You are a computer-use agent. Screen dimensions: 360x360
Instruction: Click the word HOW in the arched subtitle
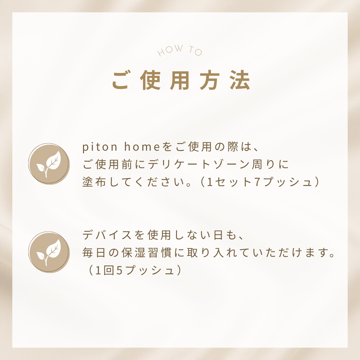170,50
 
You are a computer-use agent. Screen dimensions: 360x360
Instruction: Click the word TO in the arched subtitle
195,51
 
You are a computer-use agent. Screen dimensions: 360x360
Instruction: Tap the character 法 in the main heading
240,80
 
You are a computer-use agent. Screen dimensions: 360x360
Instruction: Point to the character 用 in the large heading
180,80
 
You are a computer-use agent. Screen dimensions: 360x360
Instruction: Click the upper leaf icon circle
49,164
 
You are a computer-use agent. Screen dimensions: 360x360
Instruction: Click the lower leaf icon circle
49,252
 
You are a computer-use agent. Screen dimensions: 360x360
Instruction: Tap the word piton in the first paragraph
100,147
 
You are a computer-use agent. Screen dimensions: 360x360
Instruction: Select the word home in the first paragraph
142,147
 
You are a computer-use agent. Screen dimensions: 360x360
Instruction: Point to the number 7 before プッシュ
257,182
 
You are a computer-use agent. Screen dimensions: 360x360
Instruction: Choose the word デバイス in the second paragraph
107,235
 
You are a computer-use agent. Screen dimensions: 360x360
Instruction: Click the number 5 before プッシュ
119,270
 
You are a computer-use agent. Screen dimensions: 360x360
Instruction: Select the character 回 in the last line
109,270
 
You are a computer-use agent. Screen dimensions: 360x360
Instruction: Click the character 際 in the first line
233,147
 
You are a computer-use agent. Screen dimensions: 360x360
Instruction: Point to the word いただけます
290,253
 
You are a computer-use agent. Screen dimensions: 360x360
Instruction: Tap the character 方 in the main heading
210,80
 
